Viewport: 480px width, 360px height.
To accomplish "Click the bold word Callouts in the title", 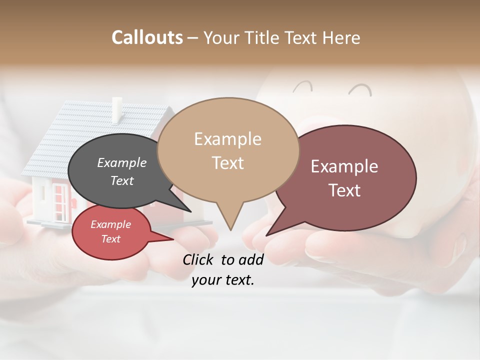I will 147,37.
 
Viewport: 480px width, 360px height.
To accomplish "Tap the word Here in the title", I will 341,37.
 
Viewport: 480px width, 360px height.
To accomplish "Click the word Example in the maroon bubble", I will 344,166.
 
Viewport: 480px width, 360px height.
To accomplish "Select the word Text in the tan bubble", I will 227,163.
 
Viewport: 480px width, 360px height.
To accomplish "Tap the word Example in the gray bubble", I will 121,162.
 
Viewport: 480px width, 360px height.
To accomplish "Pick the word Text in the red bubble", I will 111,239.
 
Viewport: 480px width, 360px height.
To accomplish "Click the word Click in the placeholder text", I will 199,259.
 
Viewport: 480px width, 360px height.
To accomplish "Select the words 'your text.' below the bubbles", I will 222,280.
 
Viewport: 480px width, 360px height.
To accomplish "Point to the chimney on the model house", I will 117,110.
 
